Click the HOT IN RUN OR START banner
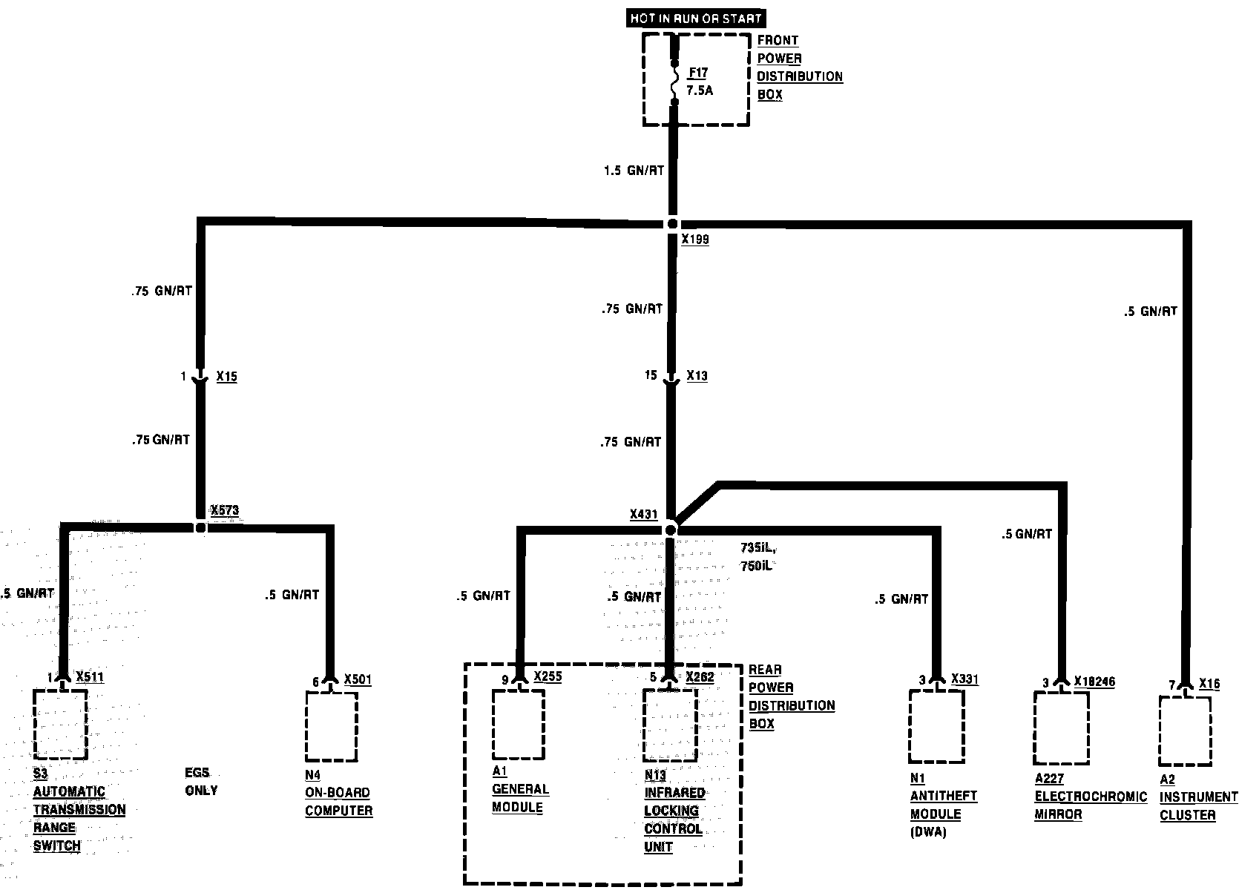695,19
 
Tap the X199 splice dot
672,223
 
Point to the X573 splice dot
200,528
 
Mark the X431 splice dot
671,530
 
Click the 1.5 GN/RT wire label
634,171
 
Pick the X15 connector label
226,377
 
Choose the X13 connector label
697,376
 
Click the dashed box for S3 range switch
60,724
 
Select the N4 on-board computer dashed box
332,726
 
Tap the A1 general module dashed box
519,725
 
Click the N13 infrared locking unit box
670,725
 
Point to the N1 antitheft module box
938,726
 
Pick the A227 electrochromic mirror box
1062,728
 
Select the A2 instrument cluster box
1185,730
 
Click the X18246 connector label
1094,682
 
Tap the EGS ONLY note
201,781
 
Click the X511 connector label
90,677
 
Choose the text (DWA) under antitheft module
928,832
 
